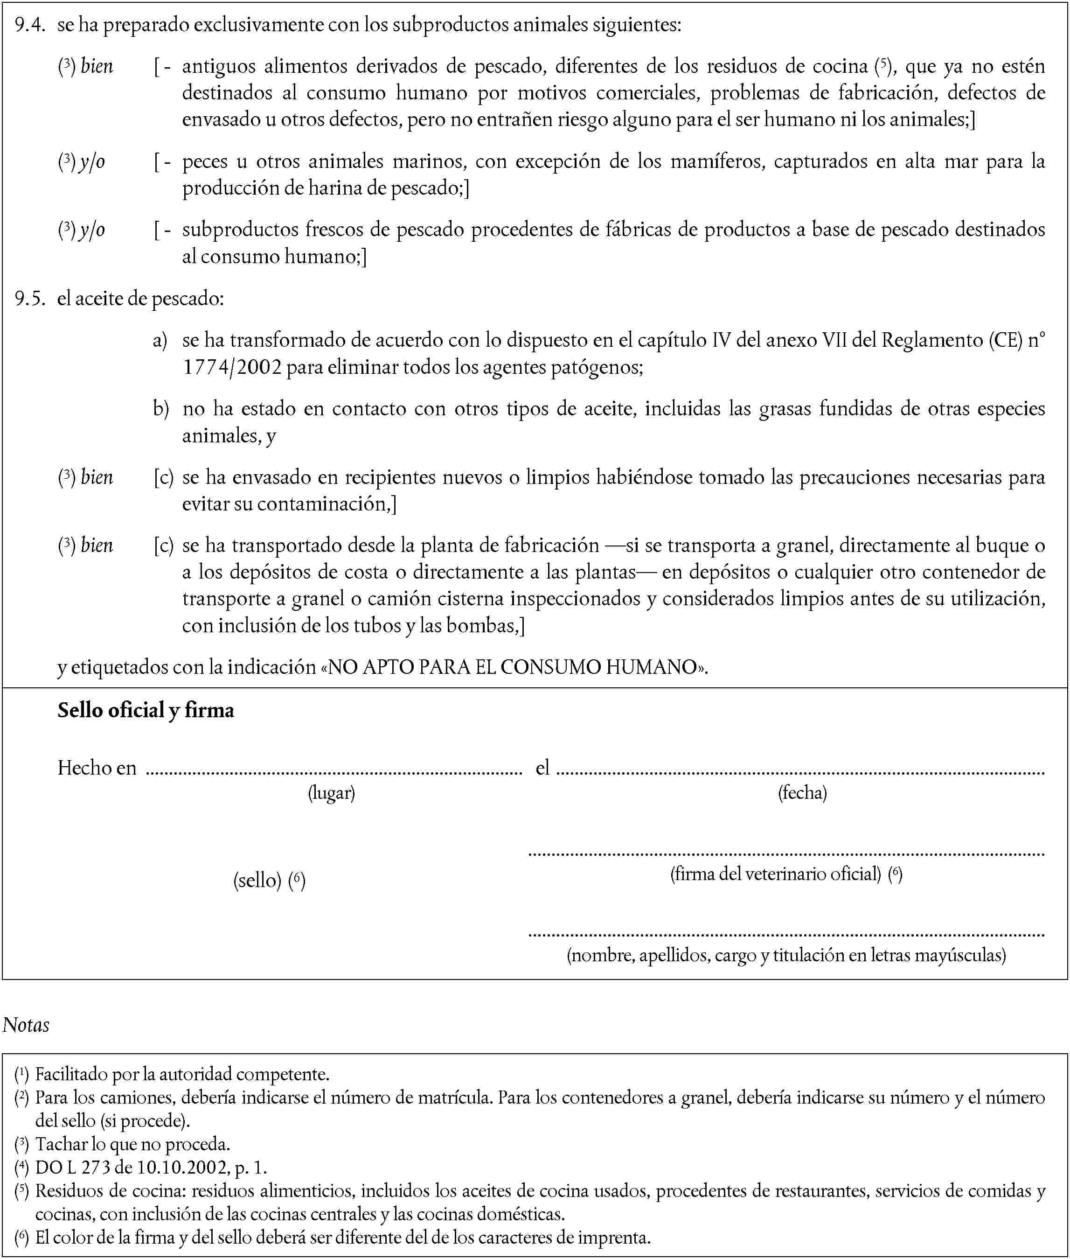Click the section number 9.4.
(30, 25)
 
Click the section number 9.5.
(30, 299)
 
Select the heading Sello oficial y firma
(146, 710)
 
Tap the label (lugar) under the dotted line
(331, 792)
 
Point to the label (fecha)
(802, 792)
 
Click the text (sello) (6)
(269, 880)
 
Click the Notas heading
(26, 1025)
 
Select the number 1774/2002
(232, 367)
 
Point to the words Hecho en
(97, 768)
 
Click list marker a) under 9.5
(160, 340)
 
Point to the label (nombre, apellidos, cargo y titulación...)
(786, 955)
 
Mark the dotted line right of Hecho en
(334, 773)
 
